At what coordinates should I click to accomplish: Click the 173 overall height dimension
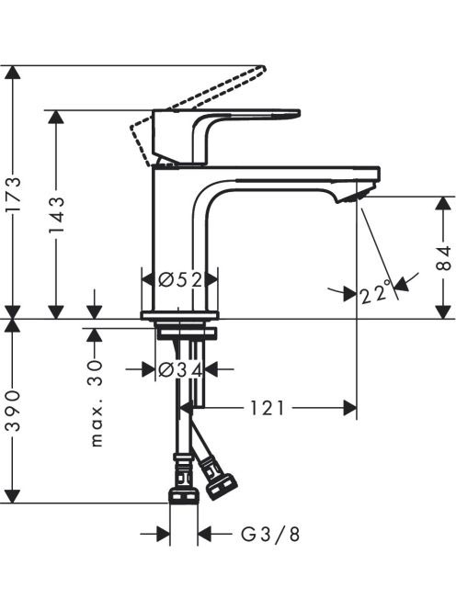tap(14, 195)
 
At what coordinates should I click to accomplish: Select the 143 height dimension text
tap(56, 215)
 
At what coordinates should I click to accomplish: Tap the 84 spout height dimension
tap(443, 258)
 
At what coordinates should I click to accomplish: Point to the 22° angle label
tap(375, 292)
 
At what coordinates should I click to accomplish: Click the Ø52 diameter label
tap(181, 279)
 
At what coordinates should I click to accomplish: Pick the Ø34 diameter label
tap(181, 369)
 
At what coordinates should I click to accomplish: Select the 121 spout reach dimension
tap(267, 408)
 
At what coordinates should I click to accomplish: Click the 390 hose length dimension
tap(14, 411)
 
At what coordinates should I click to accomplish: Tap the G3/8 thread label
tap(270, 535)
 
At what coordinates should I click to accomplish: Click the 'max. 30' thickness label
tap(96, 403)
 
